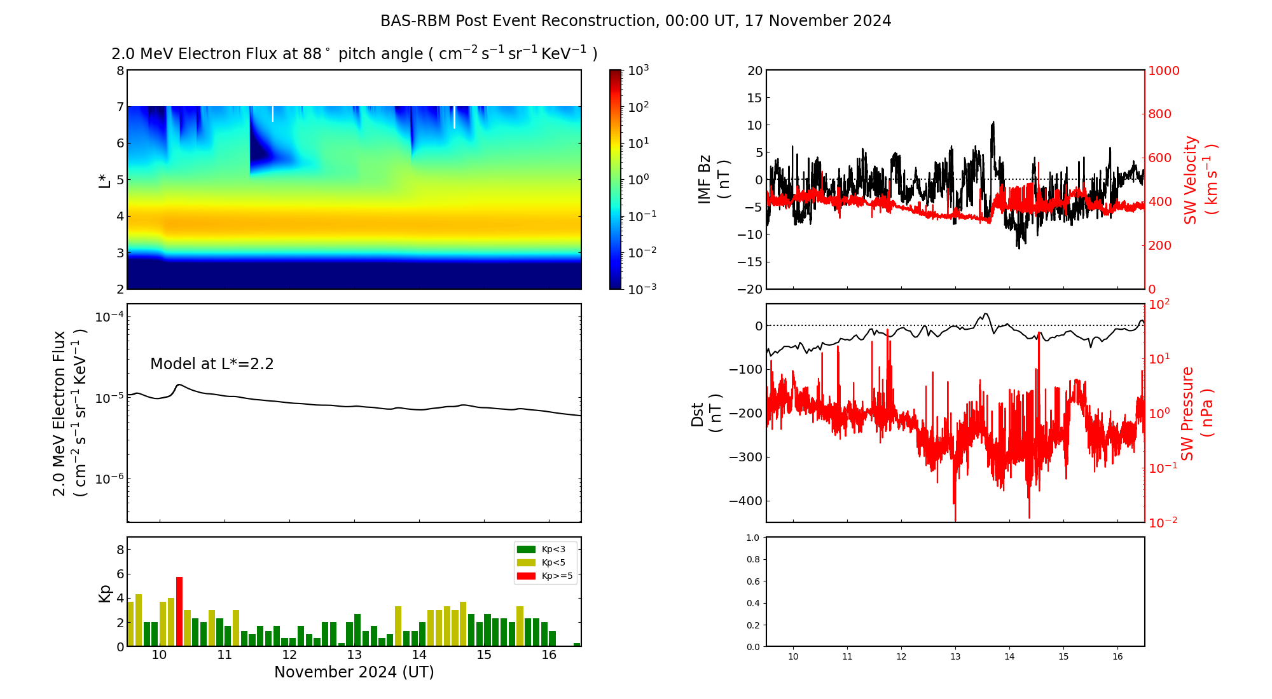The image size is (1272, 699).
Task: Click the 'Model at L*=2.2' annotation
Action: click(212, 364)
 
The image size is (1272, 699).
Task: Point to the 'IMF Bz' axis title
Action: click(704, 179)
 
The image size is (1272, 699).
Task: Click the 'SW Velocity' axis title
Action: click(1191, 179)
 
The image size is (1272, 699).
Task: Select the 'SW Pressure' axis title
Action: click(1187, 413)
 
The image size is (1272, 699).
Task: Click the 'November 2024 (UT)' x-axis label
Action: click(354, 672)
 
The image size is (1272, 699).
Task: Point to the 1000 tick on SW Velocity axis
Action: click(1163, 71)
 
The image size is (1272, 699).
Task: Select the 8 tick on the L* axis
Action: click(120, 71)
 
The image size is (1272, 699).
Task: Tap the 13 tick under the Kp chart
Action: click(354, 655)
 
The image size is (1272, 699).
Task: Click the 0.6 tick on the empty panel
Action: click(752, 581)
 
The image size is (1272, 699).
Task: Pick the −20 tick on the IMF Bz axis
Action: click(749, 289)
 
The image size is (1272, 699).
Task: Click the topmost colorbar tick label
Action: click(638, 71)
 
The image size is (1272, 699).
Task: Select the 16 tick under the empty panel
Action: click(1117, 656)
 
